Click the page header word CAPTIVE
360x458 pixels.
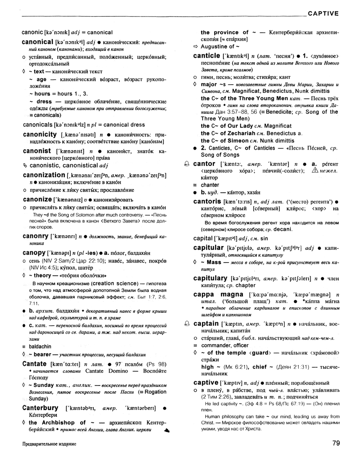pos(323,13)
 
